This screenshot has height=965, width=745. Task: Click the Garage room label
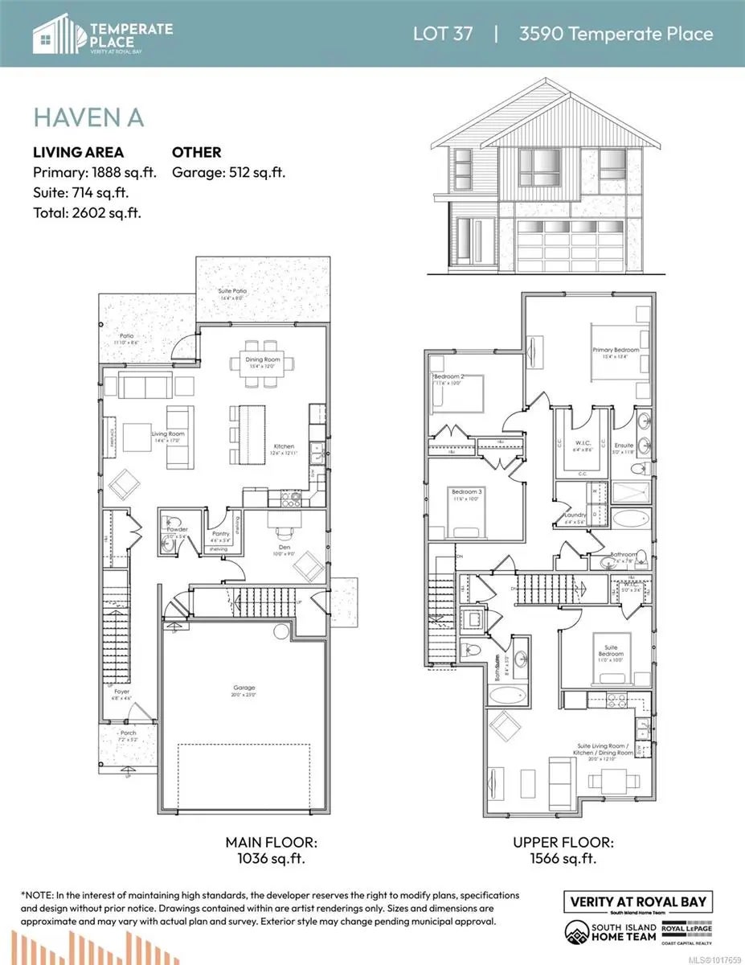point(244,688)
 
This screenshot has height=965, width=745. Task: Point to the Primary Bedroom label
point(616,350)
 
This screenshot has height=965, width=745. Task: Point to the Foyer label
point(121,691)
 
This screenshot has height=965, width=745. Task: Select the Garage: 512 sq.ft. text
point(229,172)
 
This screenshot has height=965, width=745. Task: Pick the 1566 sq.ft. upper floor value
point(563,858)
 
